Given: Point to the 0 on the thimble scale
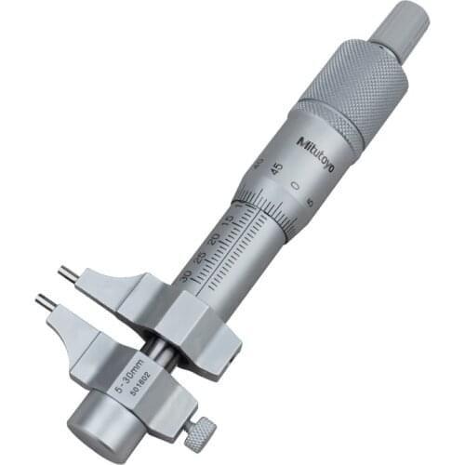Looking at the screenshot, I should click(294, 187).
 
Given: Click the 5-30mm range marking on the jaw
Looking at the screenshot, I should click(123, 375).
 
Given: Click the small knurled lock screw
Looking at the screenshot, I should click(200, 429).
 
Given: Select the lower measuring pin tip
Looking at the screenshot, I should click(42, 301).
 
